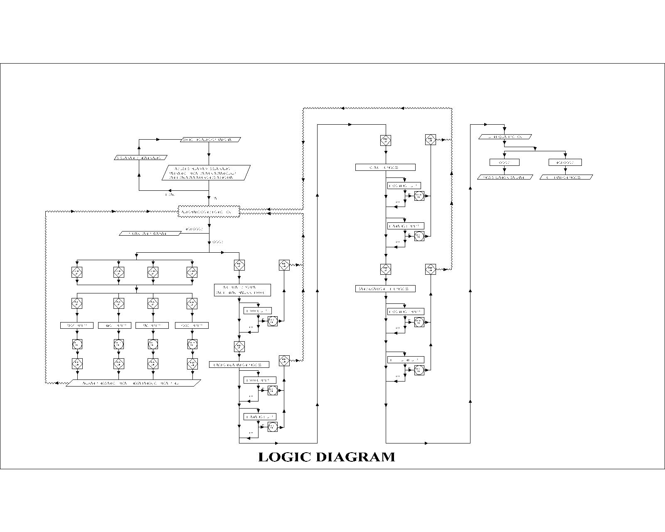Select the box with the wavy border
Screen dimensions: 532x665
[x=209, y=212]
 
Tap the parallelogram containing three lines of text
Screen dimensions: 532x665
[x=206, y=173]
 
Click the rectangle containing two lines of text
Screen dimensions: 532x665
[x=242, y=290]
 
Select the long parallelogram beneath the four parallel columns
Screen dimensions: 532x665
[x=133, y=383]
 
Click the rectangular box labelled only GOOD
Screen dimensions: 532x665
[x=504, y=163]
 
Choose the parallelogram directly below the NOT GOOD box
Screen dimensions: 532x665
[x=566, y=177]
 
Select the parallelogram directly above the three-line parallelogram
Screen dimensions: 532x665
[x=211, y=140]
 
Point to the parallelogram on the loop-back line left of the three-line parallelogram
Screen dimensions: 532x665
[x=140, y=158]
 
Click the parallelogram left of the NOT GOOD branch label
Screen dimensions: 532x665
[x=150, y=234]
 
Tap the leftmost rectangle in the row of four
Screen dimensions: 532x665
[x=76, y=325]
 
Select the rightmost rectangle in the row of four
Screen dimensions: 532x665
[x=192, y=325]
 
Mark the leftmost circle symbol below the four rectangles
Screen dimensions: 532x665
[x=77, y=344]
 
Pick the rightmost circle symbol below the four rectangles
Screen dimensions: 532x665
[x=192, y=344]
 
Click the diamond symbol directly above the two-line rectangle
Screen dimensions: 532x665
[x=239, y=265]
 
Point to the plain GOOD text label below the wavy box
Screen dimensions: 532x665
[x=218, y=242]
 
